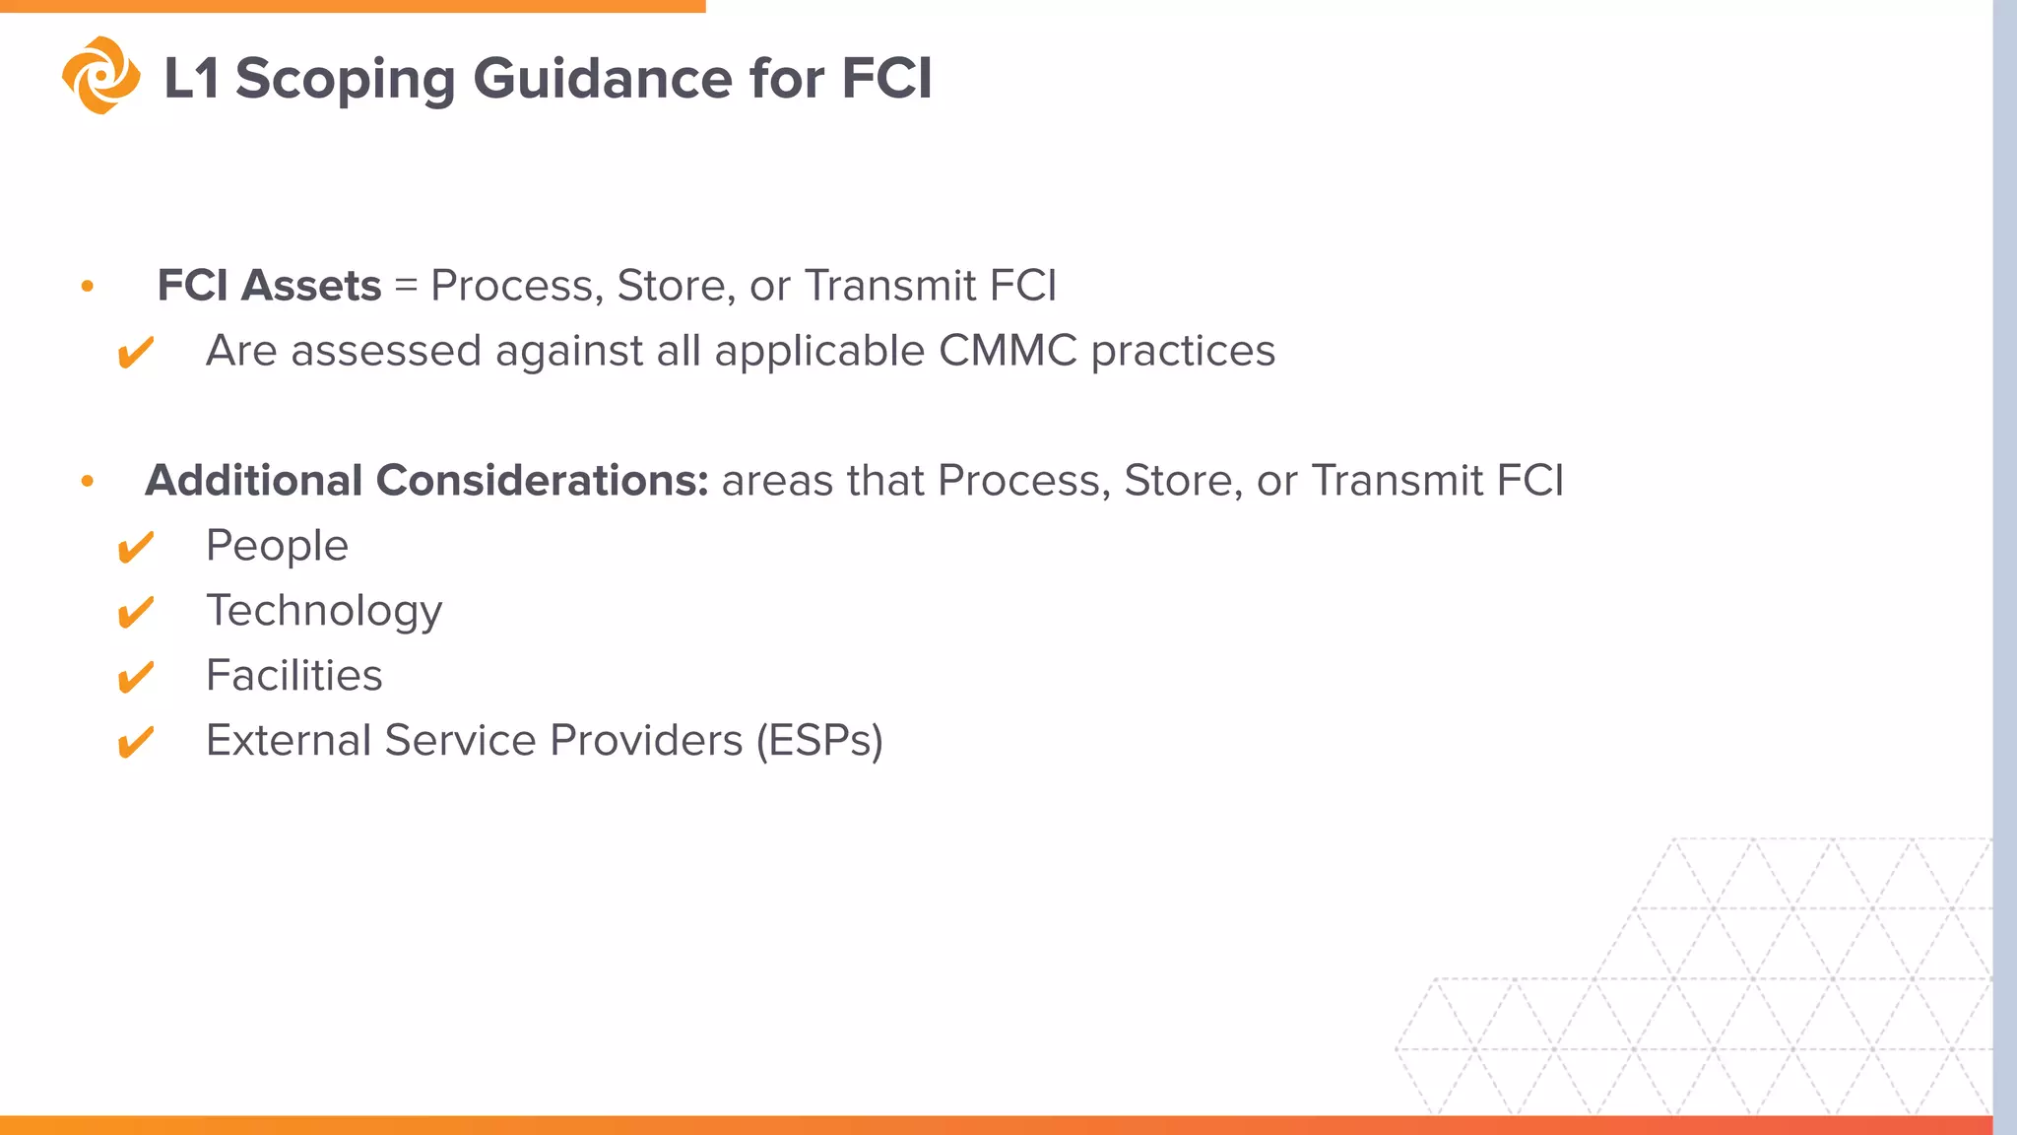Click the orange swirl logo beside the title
point(100,76)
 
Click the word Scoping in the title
point(345,79)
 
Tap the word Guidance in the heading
point(602,79)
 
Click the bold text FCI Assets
point(269,286)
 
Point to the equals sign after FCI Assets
point(406,287)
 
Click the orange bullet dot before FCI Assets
point(88,287)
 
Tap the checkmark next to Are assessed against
point(135,352)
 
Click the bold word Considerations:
point(542,481)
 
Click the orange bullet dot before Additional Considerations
point(88,482)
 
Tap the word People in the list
point(277,546)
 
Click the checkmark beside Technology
point(135,612)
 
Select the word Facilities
point(293,676)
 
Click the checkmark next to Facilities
point(135,677)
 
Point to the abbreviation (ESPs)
point(819,741)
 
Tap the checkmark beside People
point(135,547)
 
